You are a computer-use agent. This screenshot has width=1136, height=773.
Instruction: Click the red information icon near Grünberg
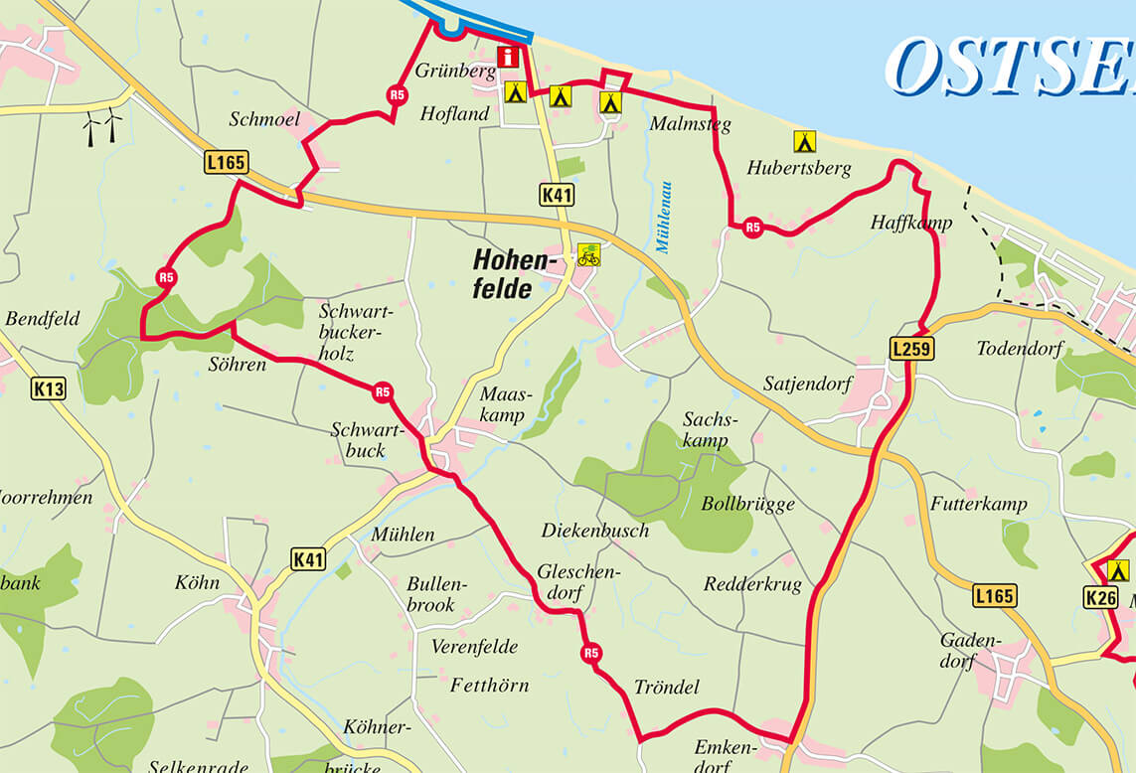pyautogui.click(x=509, y=57)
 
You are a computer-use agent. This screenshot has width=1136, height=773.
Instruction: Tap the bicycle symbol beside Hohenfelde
pyautogui.click(x=588, y=255)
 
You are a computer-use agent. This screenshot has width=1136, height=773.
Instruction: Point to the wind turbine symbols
pyautogui.click(x=102, y=127)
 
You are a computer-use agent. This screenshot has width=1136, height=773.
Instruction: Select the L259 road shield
pyautogui.click(x=911, y=349)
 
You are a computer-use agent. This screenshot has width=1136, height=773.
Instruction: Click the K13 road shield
pyautogui.click(x=49, y=388)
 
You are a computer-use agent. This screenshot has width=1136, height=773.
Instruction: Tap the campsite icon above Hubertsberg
pyautogui.click(x=804, y=141)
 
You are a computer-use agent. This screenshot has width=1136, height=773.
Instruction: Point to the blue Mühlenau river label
pyautogui.click(x=664, y=217)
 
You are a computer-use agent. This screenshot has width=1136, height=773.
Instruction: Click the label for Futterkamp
pyautogui.click(x=978, y=504)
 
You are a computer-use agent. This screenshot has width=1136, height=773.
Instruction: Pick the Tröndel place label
pyautogui.click(x=666, y=687)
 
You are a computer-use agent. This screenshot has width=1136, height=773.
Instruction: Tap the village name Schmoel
pyautogui.click(x=264, y=119)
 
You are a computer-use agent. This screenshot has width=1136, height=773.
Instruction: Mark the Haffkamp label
pyautogui.click(x=910, y=223)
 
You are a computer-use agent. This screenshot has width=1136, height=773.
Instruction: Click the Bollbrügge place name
pyautogui.click(x=747, y=504)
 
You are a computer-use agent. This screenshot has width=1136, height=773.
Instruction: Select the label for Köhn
pyautogui.click(x=196, y=582)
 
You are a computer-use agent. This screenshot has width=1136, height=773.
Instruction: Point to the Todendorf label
pyautogui.click(x=1020, y=349)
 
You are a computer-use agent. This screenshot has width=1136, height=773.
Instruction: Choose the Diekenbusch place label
pyautogui.click(x=594, y=530)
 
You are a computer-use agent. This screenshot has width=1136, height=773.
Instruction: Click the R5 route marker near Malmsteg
pyautogui.click(x=752, y=228)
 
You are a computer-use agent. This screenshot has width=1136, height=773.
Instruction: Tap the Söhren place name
pyautogui.click(x=238, y=365)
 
